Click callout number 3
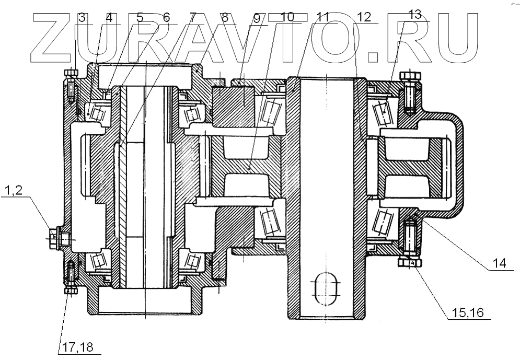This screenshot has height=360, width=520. click(82, 17)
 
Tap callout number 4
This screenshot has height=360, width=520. click(109, 17)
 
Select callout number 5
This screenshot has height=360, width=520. click(140, 17)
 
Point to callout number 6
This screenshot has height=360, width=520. click(166, 17)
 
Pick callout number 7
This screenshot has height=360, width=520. click(192, 17)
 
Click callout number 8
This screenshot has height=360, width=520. click(225, 17)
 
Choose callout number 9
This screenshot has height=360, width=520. click(256, 17)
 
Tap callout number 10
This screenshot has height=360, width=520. click(287, 17)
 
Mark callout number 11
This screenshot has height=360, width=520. click(322, 17)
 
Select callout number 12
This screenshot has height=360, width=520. click(364, 17)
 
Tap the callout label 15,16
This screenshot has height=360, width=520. click(468, 313)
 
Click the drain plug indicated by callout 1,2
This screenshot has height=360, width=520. click(54, 238)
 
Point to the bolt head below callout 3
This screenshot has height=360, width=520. click(71, 75)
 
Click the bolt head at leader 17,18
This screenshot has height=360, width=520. click(71, 290)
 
